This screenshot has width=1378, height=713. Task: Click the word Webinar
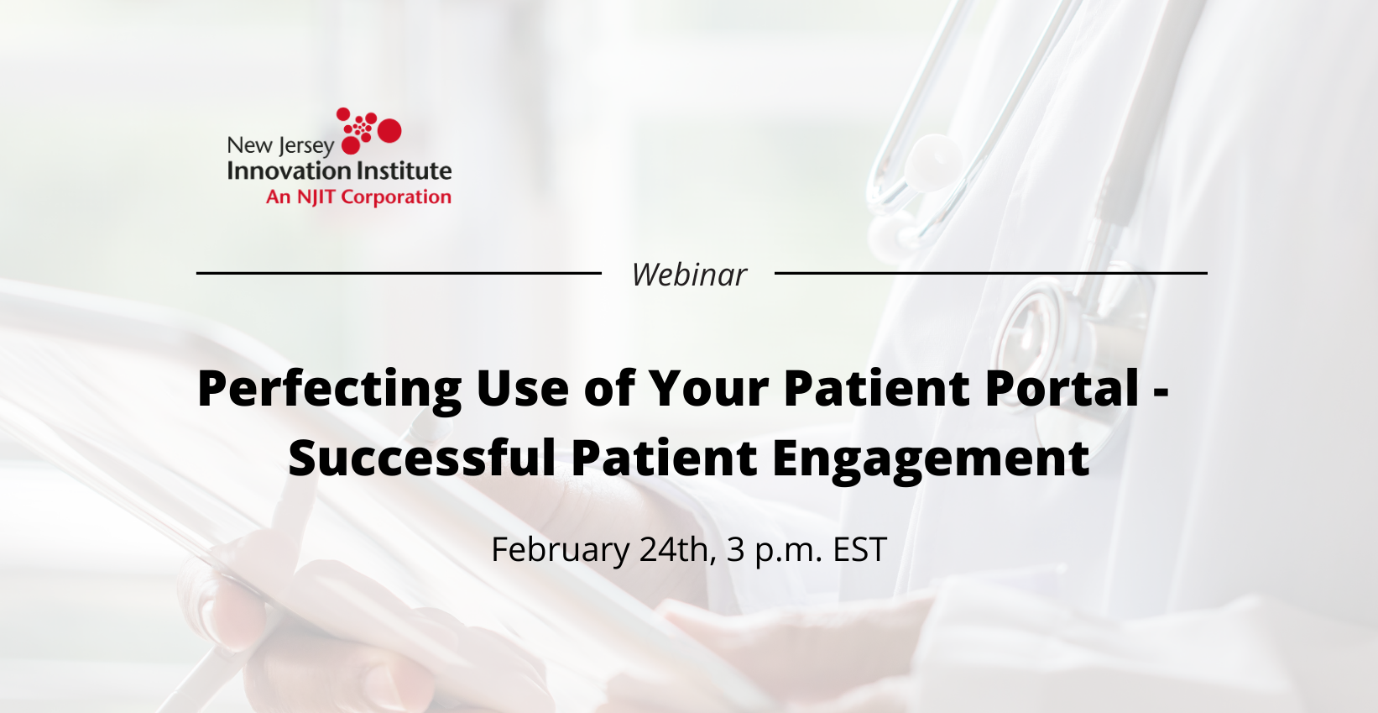pyautogui.click(x=689, y=275)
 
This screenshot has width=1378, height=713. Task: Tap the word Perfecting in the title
pyautogui.click(x=329, y=389)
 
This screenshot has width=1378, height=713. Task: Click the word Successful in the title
pyautogui.click(x=421, y=459)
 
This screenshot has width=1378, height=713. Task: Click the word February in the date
pyautogui.click(x=560, y=551)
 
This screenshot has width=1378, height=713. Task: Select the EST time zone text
pyautogui.click(x=859, y=550)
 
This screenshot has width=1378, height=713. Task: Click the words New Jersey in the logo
pyautogui.click(x=280, y=146)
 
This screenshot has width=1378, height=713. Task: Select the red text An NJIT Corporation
pyautogui.click(x=358, y=197)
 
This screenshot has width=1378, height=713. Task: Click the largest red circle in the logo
pyautogui.click(x=389, y=130)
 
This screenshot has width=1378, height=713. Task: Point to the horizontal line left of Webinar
pyautogui.click(x=399, y=273)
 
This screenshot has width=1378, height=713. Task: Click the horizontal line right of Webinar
pyautogui.click(x=990, y=273)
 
